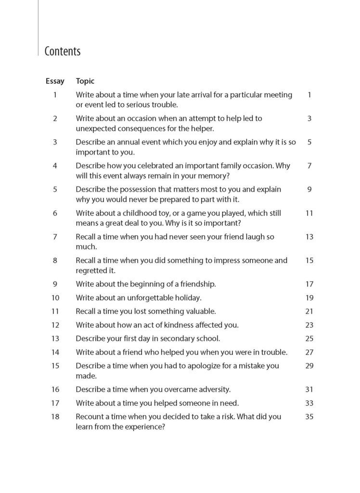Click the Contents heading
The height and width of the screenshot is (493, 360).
click(x=62, y=51)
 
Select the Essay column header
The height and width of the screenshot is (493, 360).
click(x=54, y=81)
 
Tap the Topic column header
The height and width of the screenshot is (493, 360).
click(x=85, y=81)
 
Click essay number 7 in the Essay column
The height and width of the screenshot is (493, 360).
click(x=55, y=237)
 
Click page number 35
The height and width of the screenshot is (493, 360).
click(x=309, y=416)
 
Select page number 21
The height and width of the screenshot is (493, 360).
click(x=309, y=311)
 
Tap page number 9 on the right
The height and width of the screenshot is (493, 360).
click(x=309, y=189)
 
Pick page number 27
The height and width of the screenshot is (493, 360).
click(x=309, y=352)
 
